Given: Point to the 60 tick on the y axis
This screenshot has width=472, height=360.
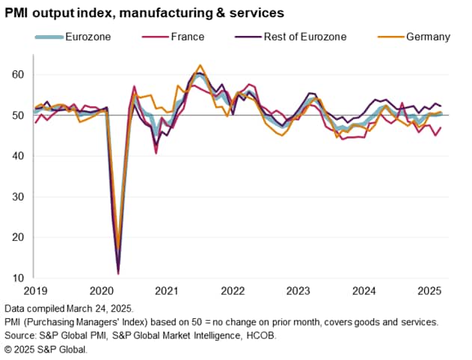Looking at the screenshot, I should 17,75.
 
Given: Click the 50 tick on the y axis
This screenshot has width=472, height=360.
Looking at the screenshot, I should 17,115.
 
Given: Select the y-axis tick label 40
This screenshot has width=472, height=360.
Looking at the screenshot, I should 17,156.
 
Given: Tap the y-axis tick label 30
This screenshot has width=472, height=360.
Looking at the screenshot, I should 17,197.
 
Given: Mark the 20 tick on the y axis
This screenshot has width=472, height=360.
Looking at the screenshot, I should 17,238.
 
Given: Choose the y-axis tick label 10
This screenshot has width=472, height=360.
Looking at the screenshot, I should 17,278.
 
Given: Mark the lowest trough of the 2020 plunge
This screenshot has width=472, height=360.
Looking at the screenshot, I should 118,274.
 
